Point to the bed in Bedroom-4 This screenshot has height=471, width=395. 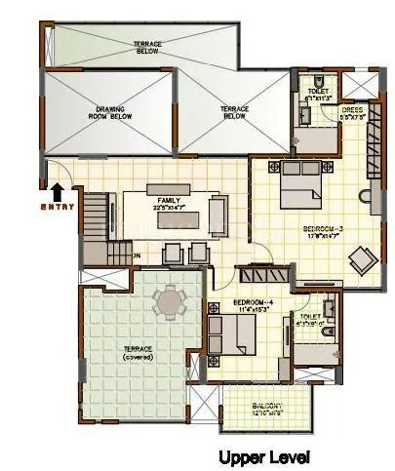tap(235, 336)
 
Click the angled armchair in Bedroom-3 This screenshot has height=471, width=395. tap(363, 258)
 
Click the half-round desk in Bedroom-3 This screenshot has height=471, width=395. tap(368, 204)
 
